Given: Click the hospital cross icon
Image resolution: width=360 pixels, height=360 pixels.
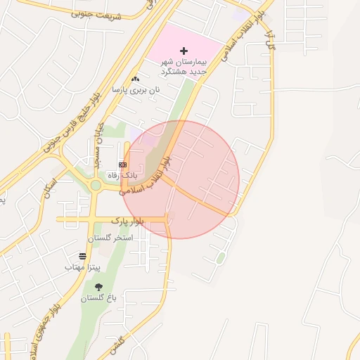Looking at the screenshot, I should pyautogui.click(x=184, y=51).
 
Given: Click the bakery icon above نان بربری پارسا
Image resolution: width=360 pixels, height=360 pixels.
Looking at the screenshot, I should pyautogui.click(x=135, y=79).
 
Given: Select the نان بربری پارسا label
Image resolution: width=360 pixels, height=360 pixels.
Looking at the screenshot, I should pyautogui.click(x=136, y=90).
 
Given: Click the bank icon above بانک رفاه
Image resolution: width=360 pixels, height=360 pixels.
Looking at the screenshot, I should pyautogui.click(x=124, y=164).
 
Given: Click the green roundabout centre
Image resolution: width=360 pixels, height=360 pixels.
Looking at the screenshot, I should pyautogui.click(x=96, y=185).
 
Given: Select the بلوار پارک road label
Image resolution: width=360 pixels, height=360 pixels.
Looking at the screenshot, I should pyautogui.click(x=127, y=221).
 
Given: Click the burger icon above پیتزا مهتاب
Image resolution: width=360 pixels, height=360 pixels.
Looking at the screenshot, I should pyautogui.click(x=83, y=257).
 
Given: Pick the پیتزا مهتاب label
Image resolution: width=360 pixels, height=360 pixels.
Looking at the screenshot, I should pyautogui.click(x=84, y=268).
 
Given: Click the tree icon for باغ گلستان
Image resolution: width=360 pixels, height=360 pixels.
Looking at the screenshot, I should pyautogui.click(x=98, y=287).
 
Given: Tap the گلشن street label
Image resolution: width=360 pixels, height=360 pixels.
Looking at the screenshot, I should pyautogui.click(x=117, y=344).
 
